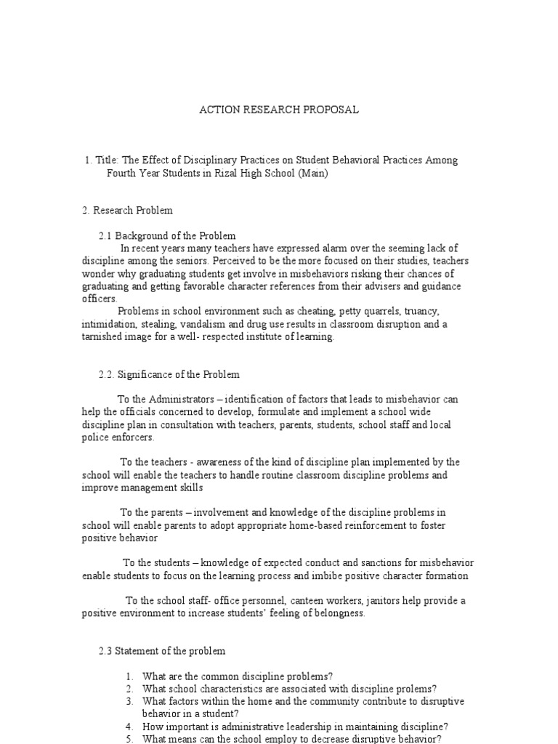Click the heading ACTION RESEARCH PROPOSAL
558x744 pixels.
(279, 110)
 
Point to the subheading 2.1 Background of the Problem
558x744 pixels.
(167, 235)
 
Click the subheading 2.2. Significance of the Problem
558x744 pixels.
(169, 374)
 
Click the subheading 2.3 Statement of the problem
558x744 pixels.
(162, 650)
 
